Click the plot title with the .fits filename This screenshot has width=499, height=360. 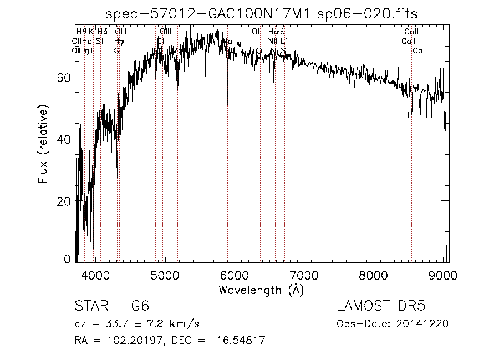(x=262, y=14)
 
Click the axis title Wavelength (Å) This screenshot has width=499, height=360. (x=261, y=290)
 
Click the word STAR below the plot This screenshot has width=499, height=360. (x=90, y=307)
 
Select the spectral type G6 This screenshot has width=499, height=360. (x=140, y=307)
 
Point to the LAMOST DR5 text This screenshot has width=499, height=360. (x=381, y=306)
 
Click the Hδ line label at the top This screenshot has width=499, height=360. (x=103, y=32)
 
